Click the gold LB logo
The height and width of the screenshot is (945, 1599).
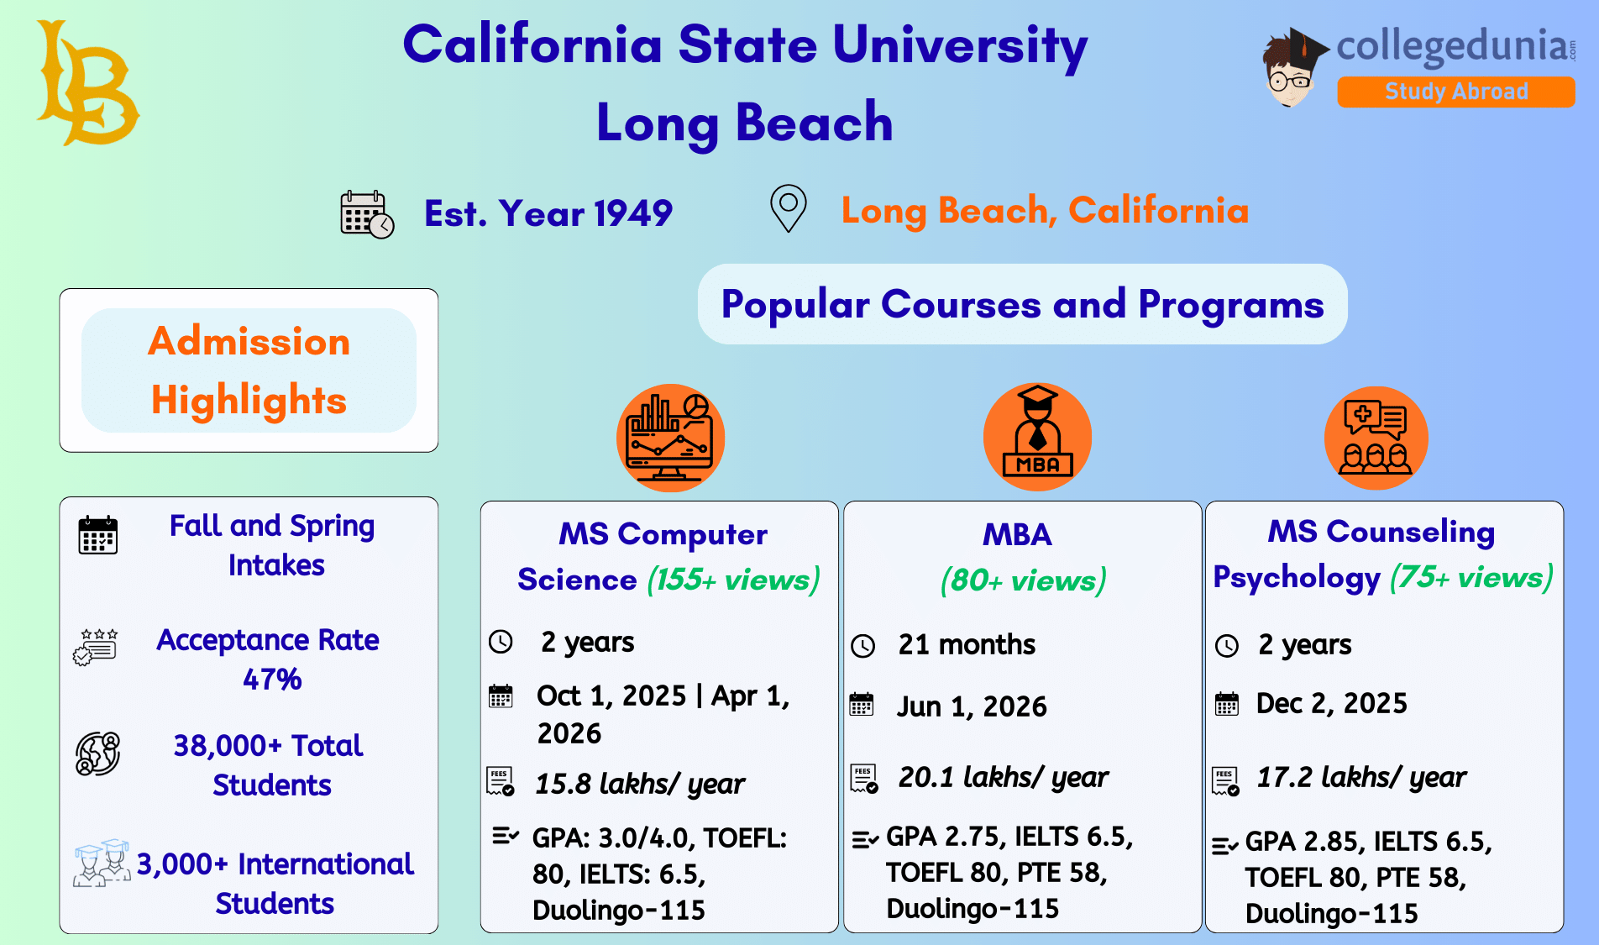coord(87,83)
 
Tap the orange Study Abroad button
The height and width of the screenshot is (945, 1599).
coord(1455,92)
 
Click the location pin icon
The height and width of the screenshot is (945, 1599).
coord(788,207)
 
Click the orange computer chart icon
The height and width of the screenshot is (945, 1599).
coord(670,438)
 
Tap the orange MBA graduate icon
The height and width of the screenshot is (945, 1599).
coord(1037,438)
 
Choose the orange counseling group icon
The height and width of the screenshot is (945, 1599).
coord(1376,438)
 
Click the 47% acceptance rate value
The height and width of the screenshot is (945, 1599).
coord(272,679)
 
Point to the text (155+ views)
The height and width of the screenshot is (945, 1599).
coord(733,580)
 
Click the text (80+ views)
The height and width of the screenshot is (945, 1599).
coord(1023,580)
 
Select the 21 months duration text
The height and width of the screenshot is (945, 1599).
coord(967,644)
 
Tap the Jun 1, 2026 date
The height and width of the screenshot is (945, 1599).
coord(972,706)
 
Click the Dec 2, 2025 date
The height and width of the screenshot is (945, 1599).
coord(1331,703)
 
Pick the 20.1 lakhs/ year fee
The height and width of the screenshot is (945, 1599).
coord(1003,777)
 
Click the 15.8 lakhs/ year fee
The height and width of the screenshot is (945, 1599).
coord(639,784)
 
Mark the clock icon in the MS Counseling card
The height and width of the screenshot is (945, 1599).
coord(1227,645)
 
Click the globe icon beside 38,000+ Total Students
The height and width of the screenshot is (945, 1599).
coord(97,753)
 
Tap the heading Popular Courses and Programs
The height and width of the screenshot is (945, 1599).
coord(1022,304)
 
